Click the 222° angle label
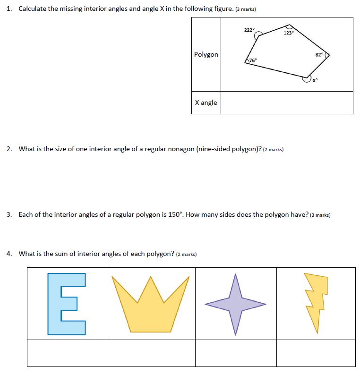tap(249, 30)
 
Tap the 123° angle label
tap(289, 33)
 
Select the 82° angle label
tap(319, 55)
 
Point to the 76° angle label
tap(253, 60)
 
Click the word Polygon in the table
tap(206, 54)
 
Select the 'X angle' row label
tap(206, 102)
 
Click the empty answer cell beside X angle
tap(287, 102)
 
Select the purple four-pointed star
tap(235, 304)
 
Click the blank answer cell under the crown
tap(151, 353)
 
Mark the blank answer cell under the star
tap(236, 353)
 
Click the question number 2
tap(9, 149)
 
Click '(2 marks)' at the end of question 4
tap(186, 254)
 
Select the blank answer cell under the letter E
tap(67, 353)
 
